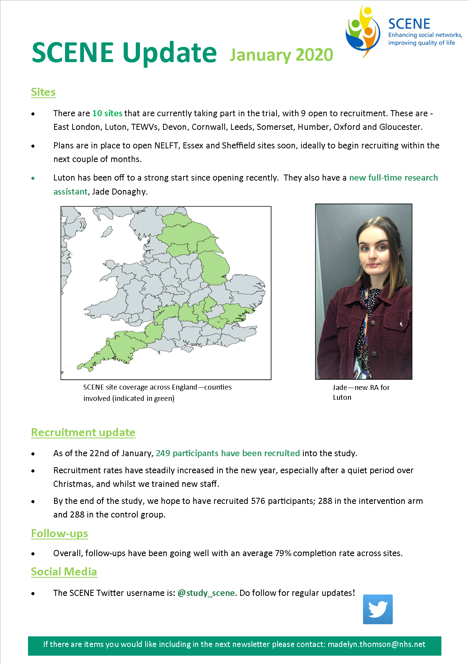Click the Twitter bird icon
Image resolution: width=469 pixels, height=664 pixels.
[378, 609]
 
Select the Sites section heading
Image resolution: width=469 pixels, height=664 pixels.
[43, 92]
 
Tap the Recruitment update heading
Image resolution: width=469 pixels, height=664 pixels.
[83, 432]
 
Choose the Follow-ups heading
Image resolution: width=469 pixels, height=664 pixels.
[59, 533]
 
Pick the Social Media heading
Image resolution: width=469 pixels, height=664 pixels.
[64, 572]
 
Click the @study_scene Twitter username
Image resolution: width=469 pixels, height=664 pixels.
[207, 593]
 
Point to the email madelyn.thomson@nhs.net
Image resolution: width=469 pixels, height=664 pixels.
[376, 644]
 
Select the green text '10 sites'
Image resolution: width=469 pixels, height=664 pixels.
[107, 113]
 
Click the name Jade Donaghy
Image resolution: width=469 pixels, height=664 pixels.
[119, 192]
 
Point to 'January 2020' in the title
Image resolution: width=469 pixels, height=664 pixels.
[281, 55]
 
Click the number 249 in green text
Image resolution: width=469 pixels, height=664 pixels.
[163, 453]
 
